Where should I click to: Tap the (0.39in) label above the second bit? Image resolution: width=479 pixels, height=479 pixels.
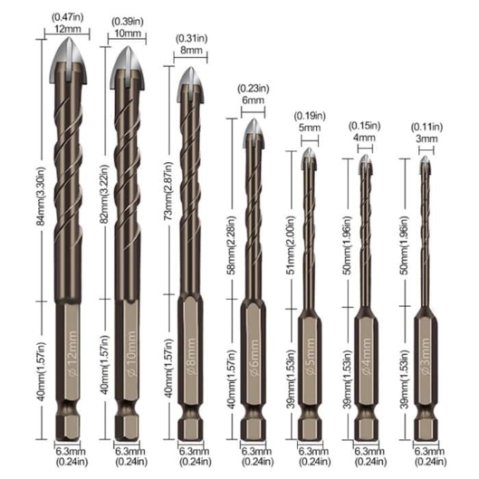pyautogui.click(x=127, y=21)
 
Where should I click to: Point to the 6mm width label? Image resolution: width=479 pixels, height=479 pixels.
pyautogui.click(x=251, y=100)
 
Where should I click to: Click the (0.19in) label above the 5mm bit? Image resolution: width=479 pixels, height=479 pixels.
pyautogui.click(x=309, y=115)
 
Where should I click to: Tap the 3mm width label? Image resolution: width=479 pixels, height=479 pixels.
pyautogui.click(x=426, y=138)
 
